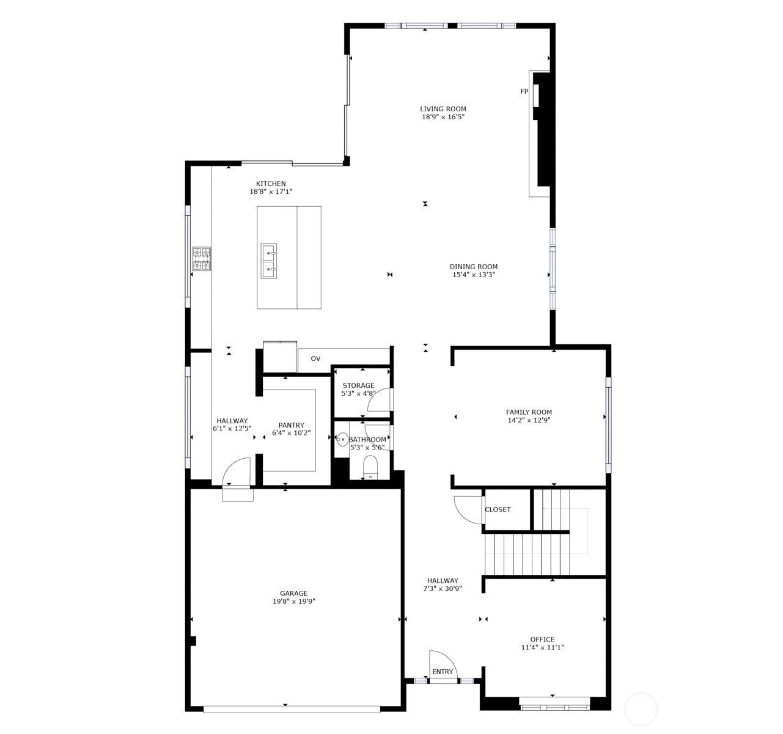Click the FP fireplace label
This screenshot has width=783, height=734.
524,92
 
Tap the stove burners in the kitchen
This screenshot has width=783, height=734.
202,259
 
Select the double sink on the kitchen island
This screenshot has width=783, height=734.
269,261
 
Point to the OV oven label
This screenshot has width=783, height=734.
315,358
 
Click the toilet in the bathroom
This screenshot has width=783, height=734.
370,467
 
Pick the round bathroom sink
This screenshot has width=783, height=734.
342,439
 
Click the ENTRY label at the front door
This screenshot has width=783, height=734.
443,672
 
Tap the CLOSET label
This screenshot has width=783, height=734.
498,510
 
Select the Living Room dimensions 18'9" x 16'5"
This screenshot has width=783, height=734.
443,117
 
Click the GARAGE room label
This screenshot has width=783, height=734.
294,593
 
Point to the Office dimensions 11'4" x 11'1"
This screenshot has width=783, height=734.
543,647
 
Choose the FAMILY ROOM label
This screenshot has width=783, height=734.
529,412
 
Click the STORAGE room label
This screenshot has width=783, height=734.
358,385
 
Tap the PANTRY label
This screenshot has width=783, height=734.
292,425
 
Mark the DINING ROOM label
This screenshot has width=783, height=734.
474,267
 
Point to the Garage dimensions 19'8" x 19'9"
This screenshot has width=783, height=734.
294,601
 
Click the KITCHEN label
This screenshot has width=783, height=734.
271,183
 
